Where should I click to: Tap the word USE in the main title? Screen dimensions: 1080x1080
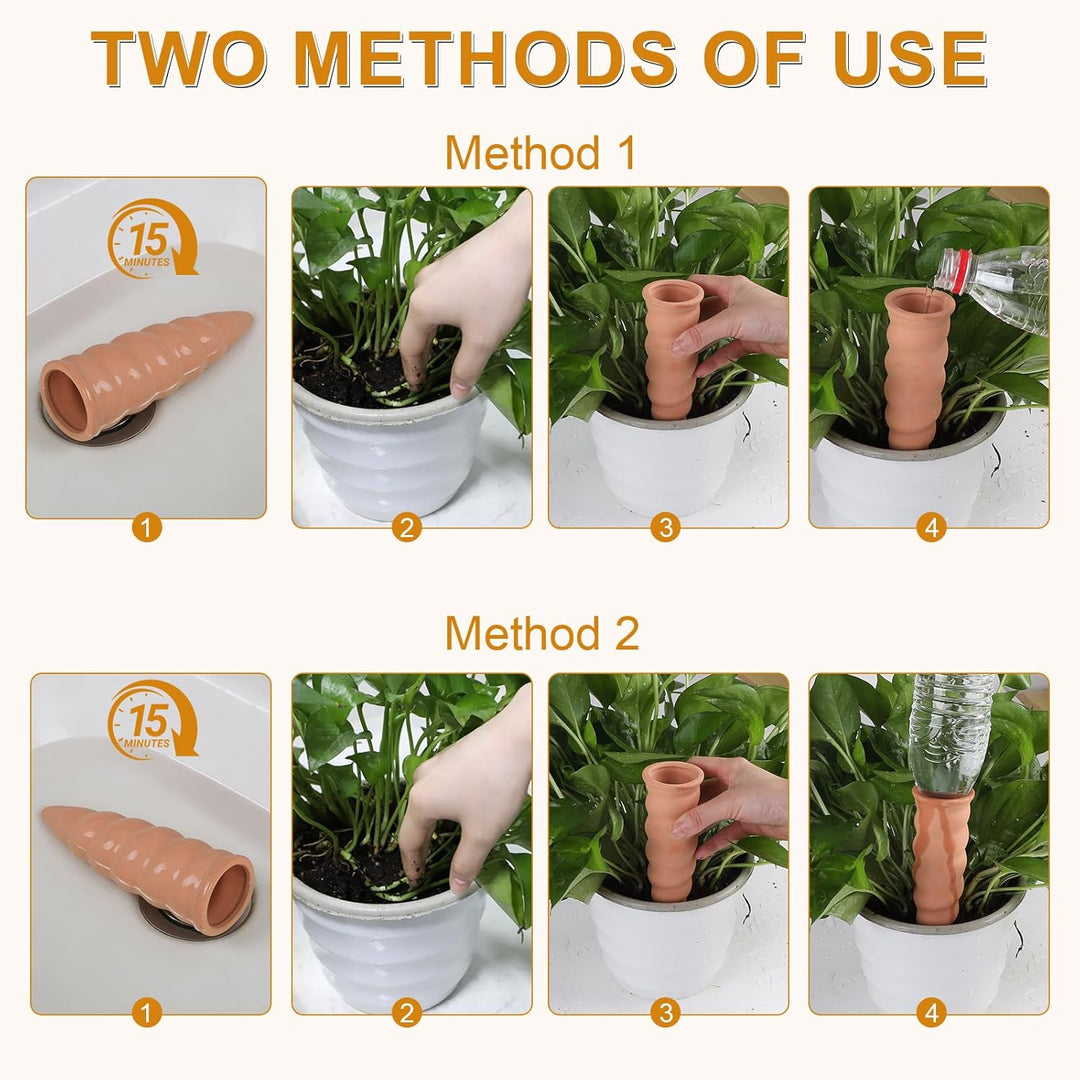pyautogui.click(x=911, y=60)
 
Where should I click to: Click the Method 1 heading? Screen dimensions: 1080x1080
pyautogui.click(x=540, y=152)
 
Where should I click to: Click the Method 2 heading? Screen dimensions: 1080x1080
pyautogui.click(x=542, y=633)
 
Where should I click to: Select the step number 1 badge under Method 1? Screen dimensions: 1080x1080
pyautogui.click(x=146, y=528)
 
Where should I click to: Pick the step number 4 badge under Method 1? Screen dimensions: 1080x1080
pyautogui.click(x=931, y=528)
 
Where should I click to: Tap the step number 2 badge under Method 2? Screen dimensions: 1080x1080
pyautogui.click(x=406, y=1012)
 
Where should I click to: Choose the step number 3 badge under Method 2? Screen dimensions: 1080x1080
pyautogui.click(x=665, y=1012)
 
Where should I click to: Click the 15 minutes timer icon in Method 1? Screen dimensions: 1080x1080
pyautogui.click(x=152, y=238)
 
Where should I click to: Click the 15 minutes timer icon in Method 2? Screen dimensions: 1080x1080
pyautogui.click(x=152, y=720)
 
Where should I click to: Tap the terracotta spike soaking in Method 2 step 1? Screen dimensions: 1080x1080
pyautogui.click(x=149, y=864)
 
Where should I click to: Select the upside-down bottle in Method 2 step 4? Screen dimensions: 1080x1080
pyautogui.click(x=951, y=734)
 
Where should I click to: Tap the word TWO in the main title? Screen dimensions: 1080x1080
pyautogui.click(x=178, y=60)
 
